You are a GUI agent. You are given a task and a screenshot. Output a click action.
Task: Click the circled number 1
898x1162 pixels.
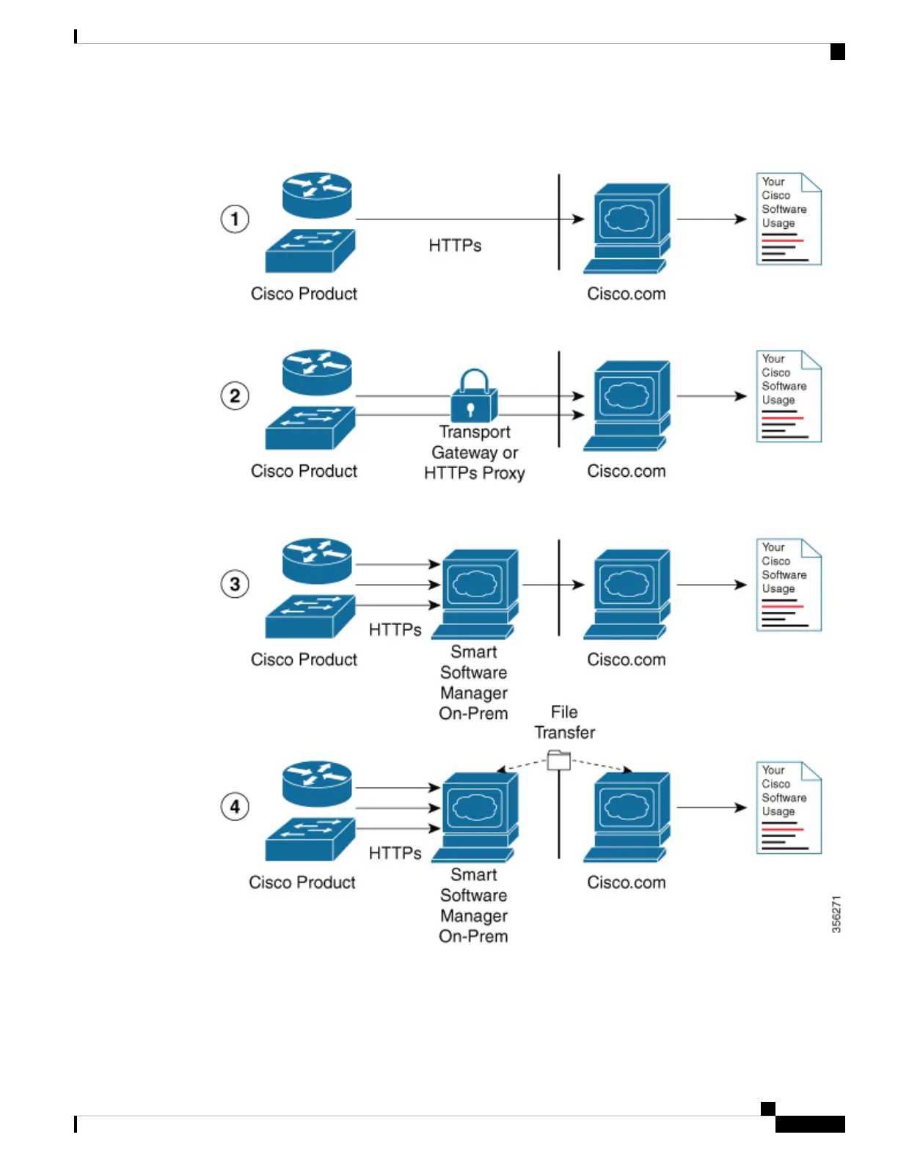(x=235, y=219)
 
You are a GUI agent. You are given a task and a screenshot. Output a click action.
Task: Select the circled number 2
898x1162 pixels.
(x=235, y=396)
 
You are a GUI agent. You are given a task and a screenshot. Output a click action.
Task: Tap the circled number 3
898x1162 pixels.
(x=235, y=585)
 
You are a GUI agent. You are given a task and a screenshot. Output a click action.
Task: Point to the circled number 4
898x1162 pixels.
(x=235, y=807)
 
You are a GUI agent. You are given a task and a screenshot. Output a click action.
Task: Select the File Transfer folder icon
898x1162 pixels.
(x=559, y=760)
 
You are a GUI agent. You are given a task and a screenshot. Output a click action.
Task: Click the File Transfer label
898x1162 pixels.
(x=564, y=723)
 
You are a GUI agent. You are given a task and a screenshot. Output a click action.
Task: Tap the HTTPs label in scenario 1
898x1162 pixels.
(x=455, y=246)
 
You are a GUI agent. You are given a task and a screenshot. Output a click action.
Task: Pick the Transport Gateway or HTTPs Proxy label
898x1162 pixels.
(x=475, y=453)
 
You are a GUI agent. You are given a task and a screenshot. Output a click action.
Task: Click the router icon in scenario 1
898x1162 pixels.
(x=317, y=194)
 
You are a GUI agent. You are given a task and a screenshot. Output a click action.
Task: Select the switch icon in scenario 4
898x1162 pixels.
(x=310, y=840)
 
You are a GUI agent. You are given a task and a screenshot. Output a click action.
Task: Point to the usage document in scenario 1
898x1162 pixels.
(x=789, y=219)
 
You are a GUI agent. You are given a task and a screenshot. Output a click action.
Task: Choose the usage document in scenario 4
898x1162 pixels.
(x=789, y=808)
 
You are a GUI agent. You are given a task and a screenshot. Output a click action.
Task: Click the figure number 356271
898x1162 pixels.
(x=836, y=914)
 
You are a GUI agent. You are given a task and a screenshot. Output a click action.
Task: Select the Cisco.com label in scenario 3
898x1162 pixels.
(x=627, y=659)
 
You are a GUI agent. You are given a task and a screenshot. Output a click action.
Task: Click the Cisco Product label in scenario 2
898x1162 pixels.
(x=304, y=471)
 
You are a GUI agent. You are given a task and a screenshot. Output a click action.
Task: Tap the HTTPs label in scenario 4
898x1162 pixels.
(x=395, y=853)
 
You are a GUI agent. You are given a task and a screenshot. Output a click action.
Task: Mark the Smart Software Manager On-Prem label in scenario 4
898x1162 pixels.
(x=474, y=906)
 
